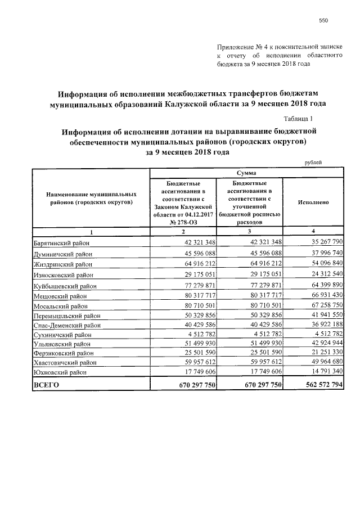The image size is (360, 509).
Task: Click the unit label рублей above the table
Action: [x=313, y=163]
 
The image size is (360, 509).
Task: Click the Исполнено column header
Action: [x=313, y=201]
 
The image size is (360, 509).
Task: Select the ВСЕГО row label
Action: [x=46, y=385]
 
